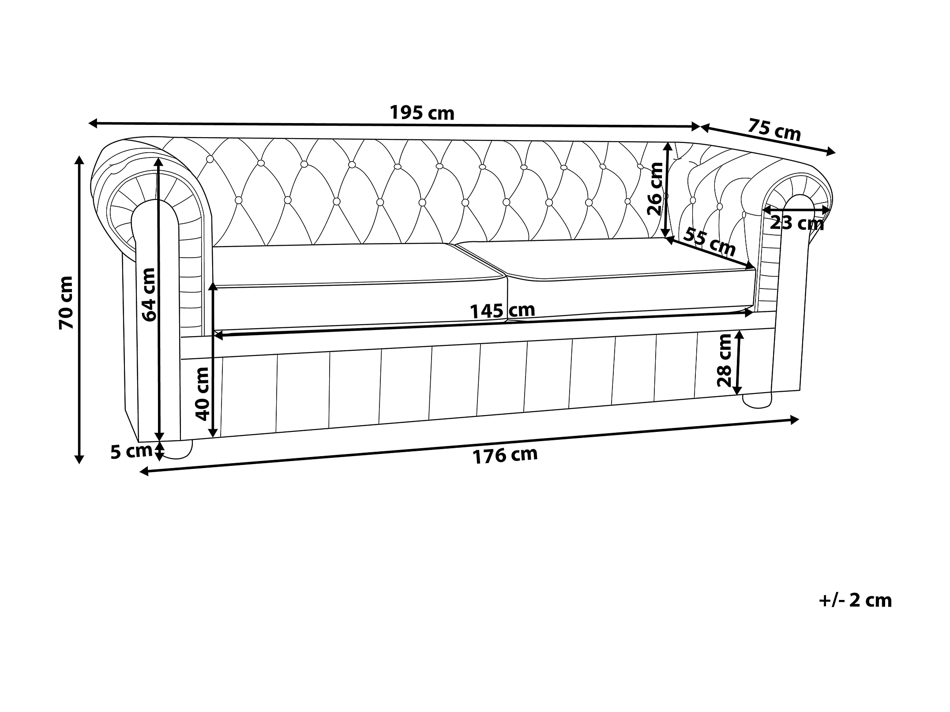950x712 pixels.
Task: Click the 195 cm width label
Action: coord(421,113)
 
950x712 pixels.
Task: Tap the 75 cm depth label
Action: coord(774,129)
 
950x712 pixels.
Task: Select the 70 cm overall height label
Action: coord(66,302)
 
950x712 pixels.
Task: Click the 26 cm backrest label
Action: coord(655,188)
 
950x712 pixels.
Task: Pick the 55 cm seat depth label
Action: coord(709,242)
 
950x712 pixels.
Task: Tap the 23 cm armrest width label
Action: coord(797,223)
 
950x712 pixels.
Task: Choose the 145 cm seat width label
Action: coord(502,311)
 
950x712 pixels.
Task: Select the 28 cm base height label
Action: coord(725,360)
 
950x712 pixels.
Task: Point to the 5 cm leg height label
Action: coord(131,452)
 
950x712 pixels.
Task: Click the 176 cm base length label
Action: coord(505,455)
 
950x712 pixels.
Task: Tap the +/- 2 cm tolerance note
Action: coord(855,600)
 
